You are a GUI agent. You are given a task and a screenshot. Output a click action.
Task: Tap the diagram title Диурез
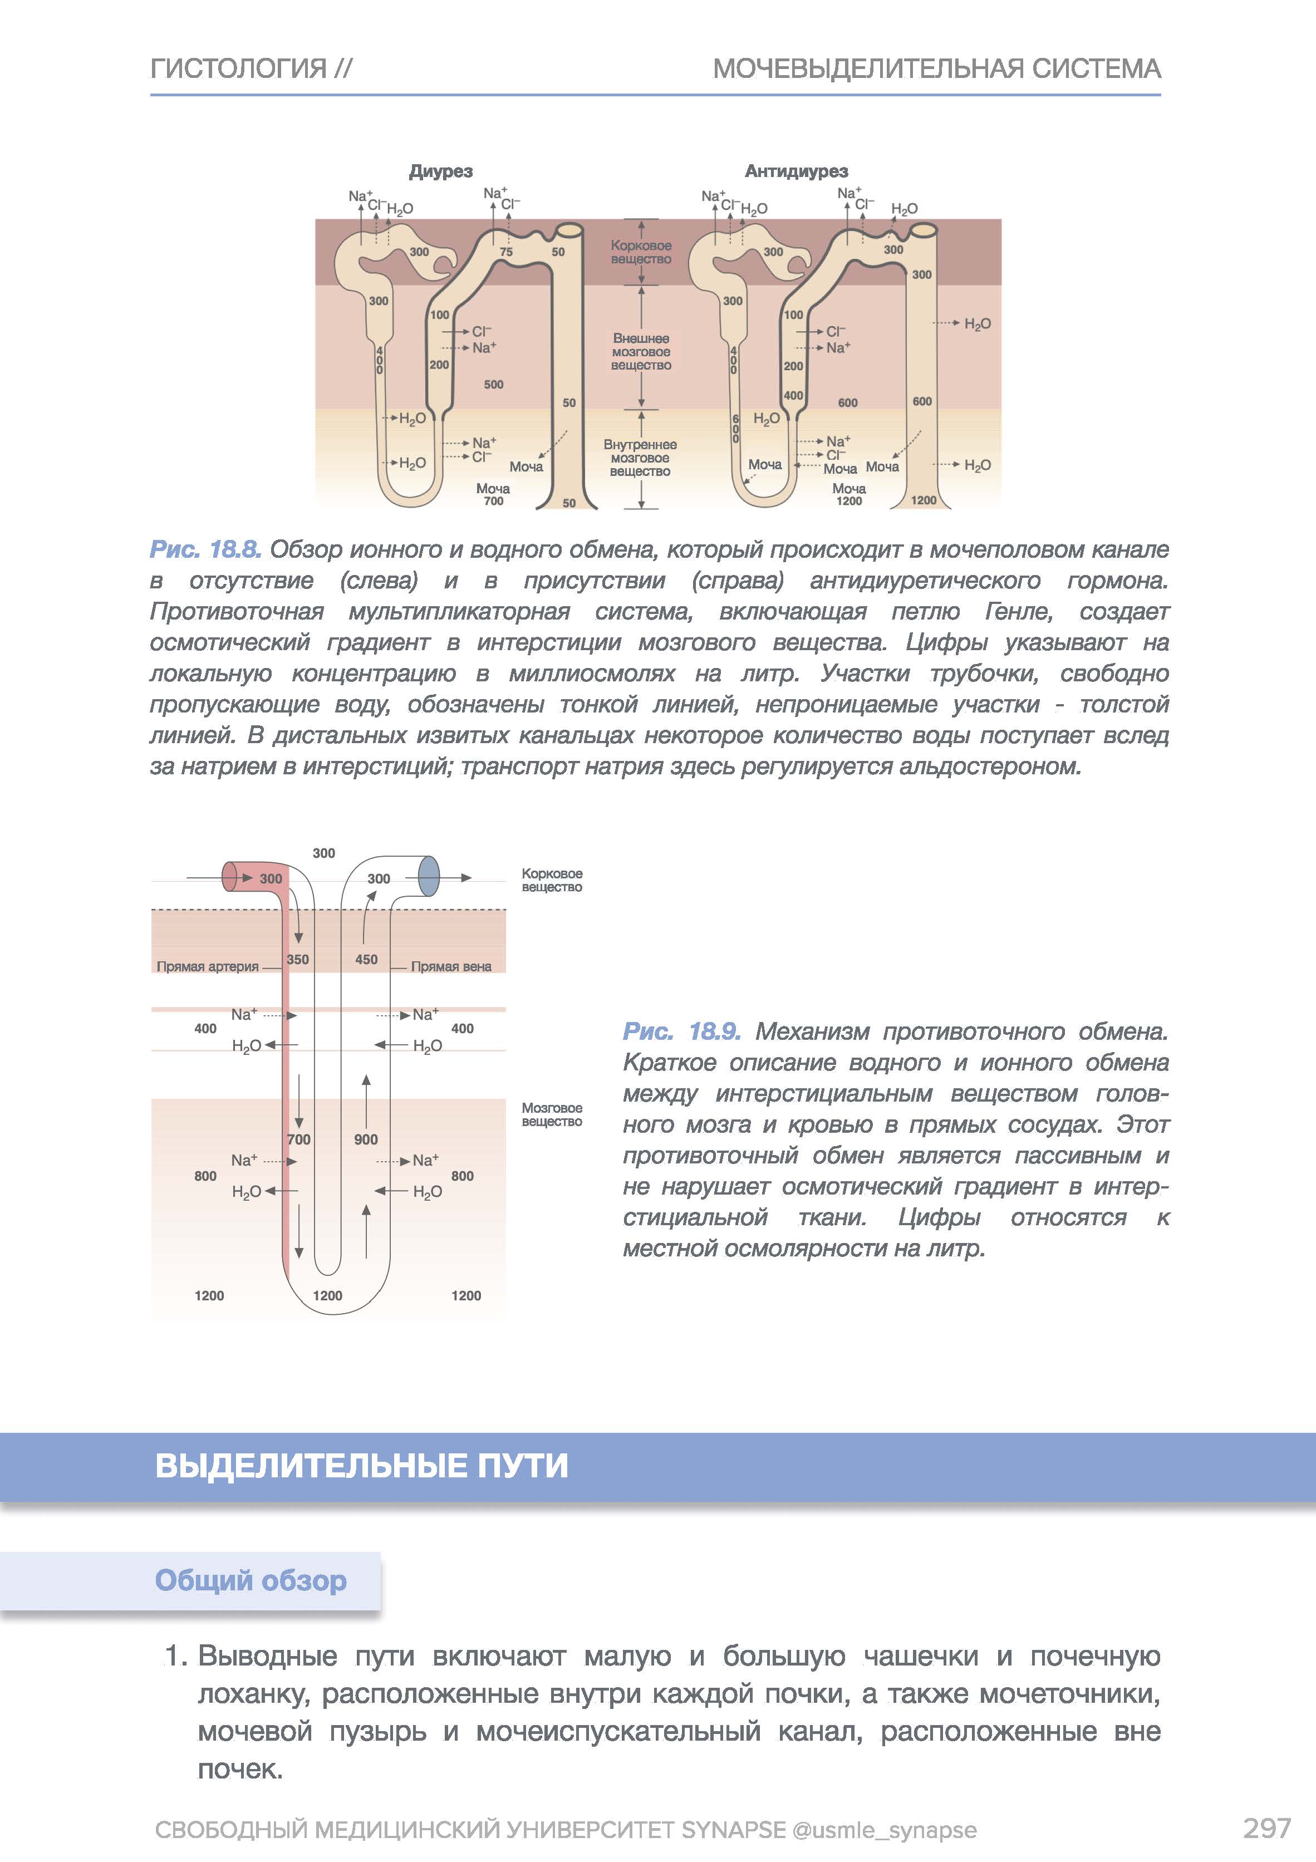click(x=440, y=171)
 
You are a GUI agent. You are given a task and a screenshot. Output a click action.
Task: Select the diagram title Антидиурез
click(x=796, y=171)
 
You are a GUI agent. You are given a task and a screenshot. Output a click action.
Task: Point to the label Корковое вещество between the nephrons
click(x=641, y=252)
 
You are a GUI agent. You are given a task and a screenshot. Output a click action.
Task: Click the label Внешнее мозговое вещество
click(x=641, y=351)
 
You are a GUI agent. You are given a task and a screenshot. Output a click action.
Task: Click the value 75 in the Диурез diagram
click(x=506, y=252)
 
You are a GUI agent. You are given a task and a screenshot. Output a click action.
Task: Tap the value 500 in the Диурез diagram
click(x=493, y=385)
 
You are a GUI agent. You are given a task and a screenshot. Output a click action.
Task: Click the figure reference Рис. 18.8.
click(x=205, y=550)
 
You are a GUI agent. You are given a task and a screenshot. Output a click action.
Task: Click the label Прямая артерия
click(x=208, y=967)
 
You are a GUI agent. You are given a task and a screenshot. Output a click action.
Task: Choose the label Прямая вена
click(x=451, y=967)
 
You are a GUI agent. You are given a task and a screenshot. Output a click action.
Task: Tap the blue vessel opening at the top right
click(x=428, y=877)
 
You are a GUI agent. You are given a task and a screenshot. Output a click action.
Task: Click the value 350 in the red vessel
click(x=298, y=959)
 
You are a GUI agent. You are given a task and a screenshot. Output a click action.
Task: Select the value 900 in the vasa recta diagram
click(x=366, y=1139)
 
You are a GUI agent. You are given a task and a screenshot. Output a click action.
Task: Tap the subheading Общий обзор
click(x=251, y=1580)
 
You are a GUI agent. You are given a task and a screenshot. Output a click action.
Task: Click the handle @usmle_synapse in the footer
click(x=884, y=1830)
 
